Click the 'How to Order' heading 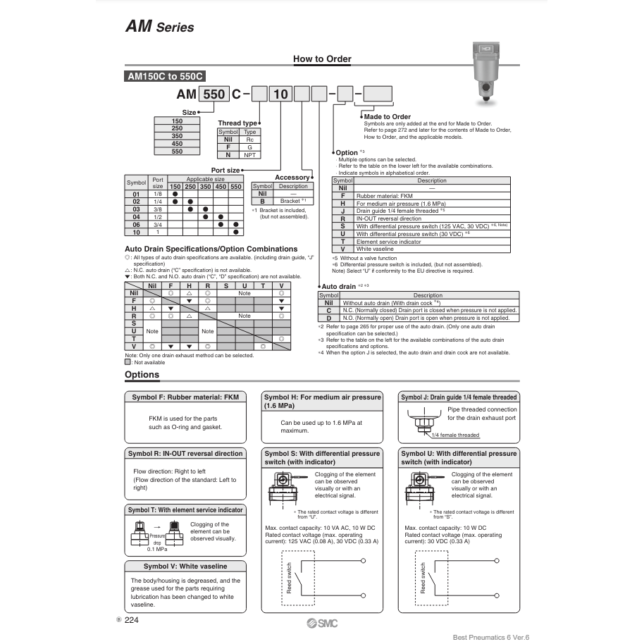click(322, 59)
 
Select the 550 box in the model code click(213, 94)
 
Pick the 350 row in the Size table click(177, 136)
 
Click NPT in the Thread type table click(249, 154)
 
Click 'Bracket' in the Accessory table click(290, 201)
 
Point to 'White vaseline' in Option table click(376, 249)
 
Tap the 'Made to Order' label click(392, 116)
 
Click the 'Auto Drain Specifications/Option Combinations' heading click(211, 249)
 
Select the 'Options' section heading click(142, 374)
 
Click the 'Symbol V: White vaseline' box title click(185, 566)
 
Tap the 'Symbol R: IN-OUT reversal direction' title click(185, 454)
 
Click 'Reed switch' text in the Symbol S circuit click(289, 578)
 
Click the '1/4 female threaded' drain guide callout click(455, 435)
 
